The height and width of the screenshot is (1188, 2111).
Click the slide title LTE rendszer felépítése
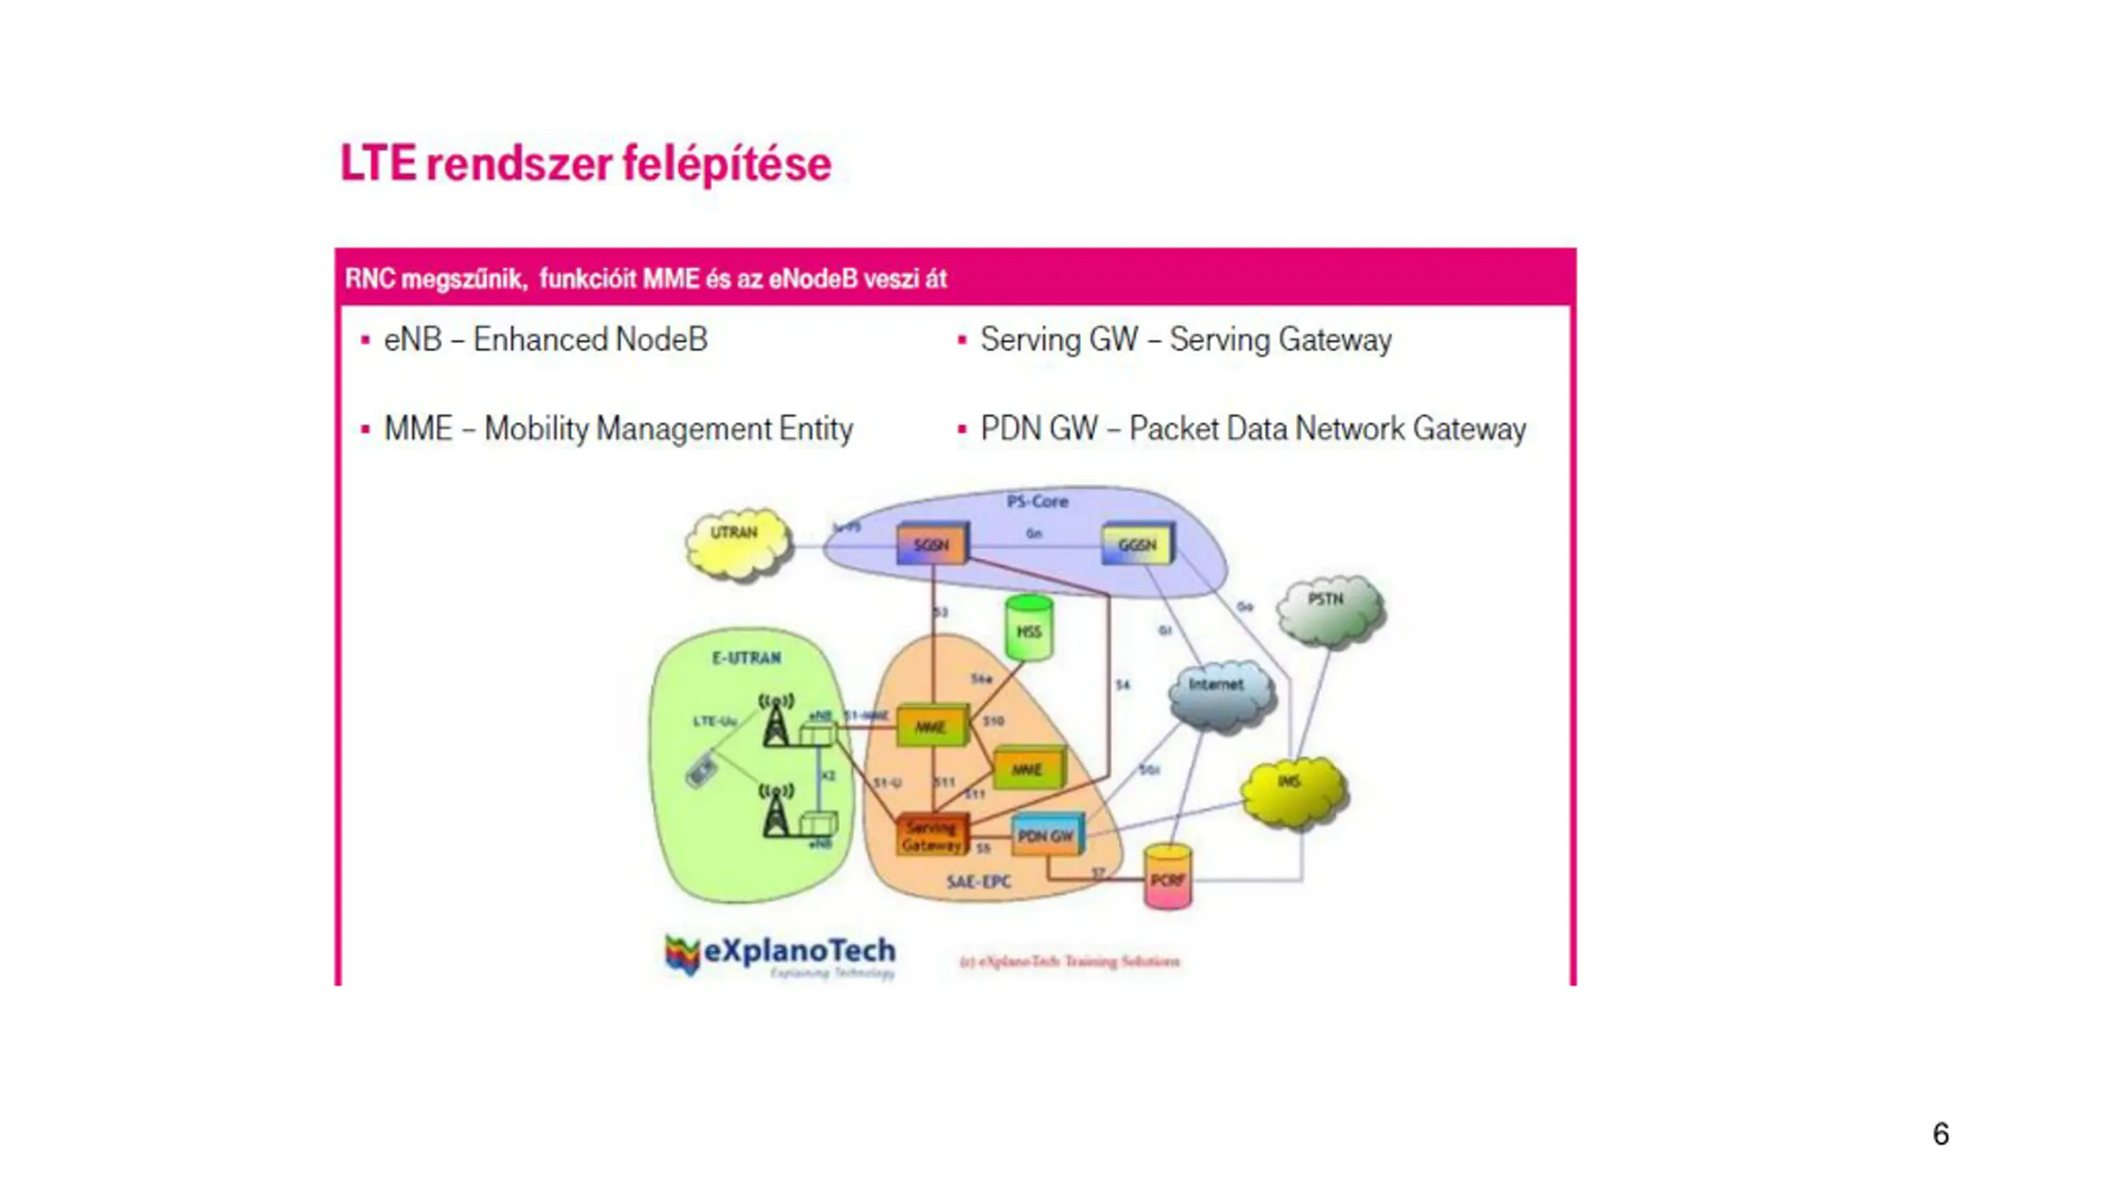[585, 163]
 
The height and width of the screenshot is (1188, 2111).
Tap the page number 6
[1940, 1134]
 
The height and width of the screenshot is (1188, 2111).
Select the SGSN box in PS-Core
[932, 544]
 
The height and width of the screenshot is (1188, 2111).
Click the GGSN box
[1137, 544]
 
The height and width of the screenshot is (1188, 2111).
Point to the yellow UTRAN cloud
[736, 542]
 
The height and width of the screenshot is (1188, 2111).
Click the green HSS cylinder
[1029, 629]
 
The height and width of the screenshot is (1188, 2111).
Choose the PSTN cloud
[1328, 609]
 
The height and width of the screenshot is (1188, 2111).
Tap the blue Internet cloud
[1220, 693]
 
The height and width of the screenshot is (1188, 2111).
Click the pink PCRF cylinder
[1168, 877]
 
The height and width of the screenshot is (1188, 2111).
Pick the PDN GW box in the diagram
[1046, 836]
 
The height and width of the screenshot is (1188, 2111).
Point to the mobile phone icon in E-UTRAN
[701, 771]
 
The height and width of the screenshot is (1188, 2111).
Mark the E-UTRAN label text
[746, 658]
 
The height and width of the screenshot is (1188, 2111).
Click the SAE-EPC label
[979, 881]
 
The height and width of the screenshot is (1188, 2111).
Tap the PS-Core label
[1037, 501]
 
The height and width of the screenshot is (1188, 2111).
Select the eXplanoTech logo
[779, 955]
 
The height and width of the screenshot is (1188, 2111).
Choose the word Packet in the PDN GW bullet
[1173, 429]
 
